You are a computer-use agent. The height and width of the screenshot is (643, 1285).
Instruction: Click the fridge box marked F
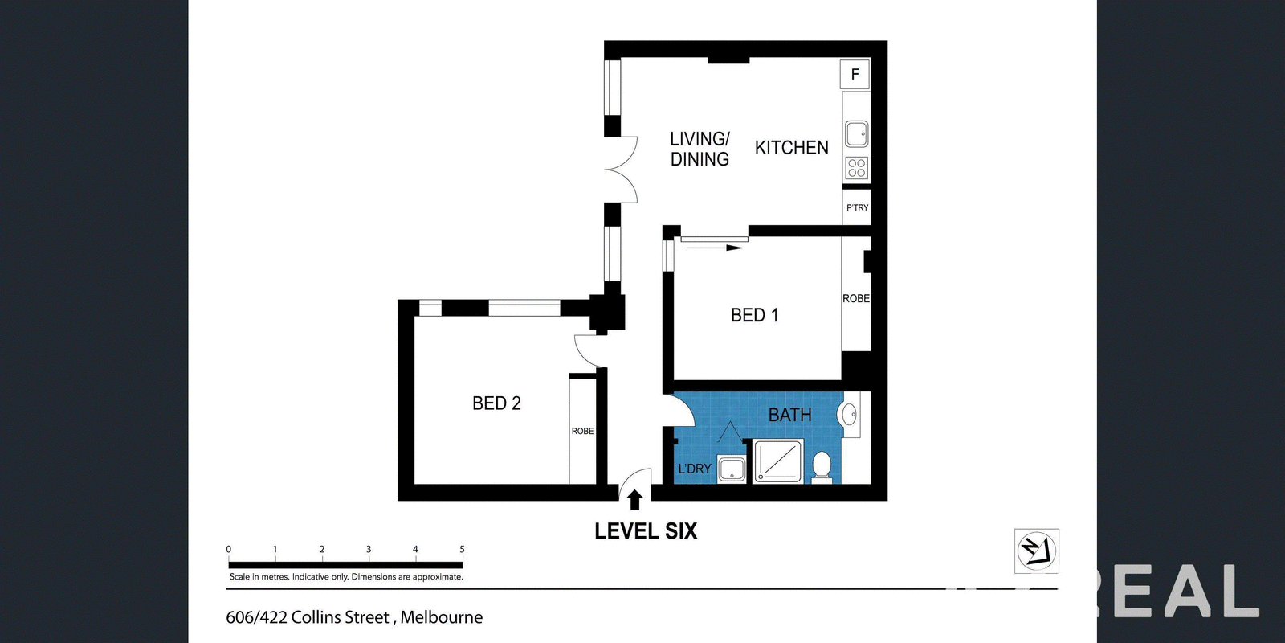855,74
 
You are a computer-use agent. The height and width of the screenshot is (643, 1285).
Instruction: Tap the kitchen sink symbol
856,134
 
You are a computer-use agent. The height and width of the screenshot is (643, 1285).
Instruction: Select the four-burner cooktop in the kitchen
856,168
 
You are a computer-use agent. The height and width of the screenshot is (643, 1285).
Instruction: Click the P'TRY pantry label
857,207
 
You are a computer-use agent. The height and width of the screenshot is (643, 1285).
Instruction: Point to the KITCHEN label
791,148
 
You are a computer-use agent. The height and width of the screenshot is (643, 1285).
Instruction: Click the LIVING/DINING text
700,149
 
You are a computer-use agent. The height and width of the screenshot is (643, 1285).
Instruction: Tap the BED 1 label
754,315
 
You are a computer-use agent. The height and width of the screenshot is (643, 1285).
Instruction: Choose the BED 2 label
496,403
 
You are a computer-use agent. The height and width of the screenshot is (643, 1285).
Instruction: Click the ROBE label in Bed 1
856,298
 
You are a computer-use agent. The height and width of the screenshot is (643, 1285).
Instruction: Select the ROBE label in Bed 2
582,431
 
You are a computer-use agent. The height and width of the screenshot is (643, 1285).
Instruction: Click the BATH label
790,415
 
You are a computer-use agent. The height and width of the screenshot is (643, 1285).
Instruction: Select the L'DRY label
695,469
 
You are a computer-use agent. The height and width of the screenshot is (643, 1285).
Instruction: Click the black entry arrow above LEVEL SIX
634,500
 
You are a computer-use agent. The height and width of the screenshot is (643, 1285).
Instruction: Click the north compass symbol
1037,551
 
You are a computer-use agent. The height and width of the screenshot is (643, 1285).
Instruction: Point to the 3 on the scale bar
369,550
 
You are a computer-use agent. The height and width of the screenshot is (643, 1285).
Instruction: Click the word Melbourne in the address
441,617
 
